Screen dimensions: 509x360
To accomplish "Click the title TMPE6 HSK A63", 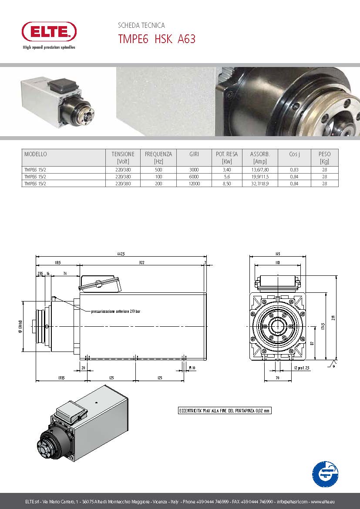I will pos(157,39).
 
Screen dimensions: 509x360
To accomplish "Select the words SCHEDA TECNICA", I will pos(141,26).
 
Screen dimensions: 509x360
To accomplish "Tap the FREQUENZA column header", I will pos(158,154).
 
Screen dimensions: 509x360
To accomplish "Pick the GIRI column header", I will pos(194,154).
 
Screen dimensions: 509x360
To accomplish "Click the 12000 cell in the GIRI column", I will pos(194,184).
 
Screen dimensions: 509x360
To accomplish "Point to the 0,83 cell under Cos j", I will pos(294,170).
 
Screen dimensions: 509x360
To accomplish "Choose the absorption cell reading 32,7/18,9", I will pos(260,184).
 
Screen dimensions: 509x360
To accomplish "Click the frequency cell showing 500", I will pos(158,170).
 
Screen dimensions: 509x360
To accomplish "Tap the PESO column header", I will pos(324,154).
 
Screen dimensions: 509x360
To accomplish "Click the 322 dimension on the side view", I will pos(142,263).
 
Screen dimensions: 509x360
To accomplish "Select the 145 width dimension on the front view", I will pos(278,254).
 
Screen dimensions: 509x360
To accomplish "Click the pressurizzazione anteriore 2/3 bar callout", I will pos(115,311).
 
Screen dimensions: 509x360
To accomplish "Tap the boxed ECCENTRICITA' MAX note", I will pos(225,410).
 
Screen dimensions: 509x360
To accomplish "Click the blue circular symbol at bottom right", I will pos(325,474).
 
